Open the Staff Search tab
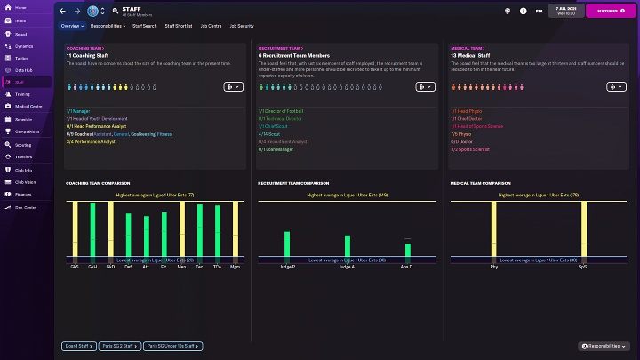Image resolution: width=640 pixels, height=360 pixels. click(144, 26)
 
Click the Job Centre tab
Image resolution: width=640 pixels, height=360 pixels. click(211, 26)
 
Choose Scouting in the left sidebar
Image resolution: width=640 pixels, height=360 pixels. click(23, 144)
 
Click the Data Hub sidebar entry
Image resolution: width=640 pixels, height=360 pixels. click(24, 68)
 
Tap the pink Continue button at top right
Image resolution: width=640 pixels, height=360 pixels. click(610, 12)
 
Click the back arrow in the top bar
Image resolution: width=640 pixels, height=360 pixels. click(62, 12)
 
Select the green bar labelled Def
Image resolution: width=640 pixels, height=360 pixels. click(128, 233)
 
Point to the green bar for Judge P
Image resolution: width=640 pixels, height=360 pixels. click(287, 246)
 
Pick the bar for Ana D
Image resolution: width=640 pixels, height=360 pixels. click(406, 252)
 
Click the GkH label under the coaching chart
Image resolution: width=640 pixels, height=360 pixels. click(92, 266)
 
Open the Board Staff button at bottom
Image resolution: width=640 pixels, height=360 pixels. click(78, 346)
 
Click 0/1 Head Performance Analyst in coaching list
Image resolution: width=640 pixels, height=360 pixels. click(98, 126)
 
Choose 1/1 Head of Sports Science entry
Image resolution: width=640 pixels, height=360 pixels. click(480, 126)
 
